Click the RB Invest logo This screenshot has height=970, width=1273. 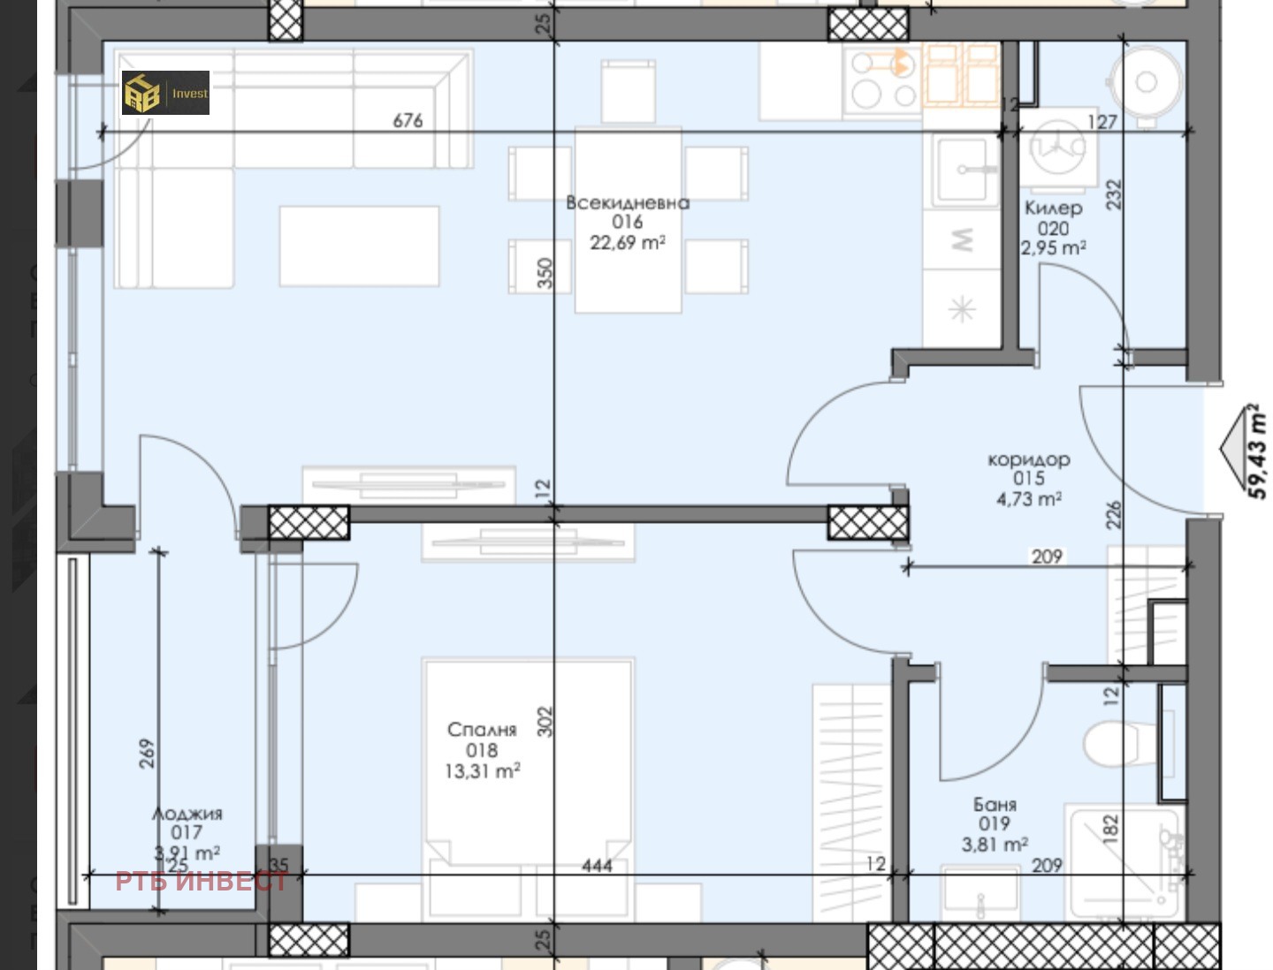165,93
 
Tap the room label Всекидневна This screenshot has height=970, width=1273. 628,203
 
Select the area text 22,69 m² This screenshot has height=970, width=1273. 628,242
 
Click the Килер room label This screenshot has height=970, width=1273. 1053,208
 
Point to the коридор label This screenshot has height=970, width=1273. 1029,459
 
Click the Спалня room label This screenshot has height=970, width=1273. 482,730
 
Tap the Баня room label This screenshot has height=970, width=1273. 995,804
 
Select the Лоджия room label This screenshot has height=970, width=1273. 187,814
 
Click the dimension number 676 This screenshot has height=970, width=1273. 408,120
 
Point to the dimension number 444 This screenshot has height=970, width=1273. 597,866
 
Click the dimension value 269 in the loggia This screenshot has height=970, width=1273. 147,754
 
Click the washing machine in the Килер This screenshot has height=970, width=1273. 1058,149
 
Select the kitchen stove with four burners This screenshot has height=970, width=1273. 882,80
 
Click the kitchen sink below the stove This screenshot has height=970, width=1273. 962,170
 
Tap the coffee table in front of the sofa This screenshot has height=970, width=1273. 359,246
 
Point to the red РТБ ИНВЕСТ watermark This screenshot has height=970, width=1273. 202,882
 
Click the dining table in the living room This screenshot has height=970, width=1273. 628,220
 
